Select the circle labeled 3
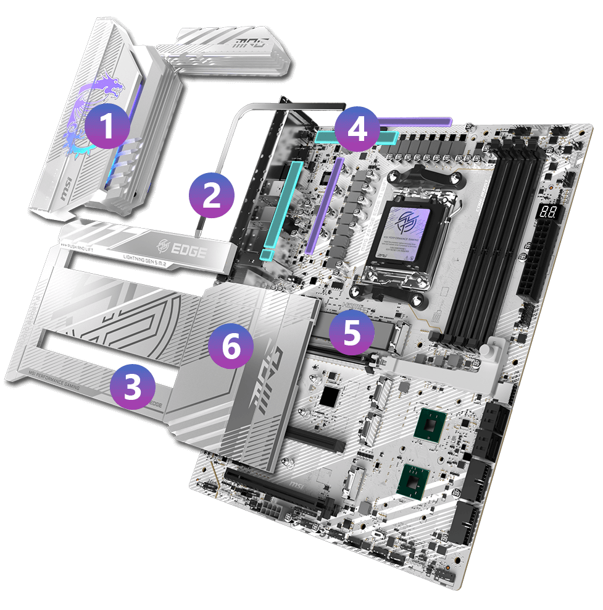tap(133, 386)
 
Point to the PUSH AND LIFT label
tap(77, 245)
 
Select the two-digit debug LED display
tap(546, 212)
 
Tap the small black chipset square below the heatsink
tap(331, 397)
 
